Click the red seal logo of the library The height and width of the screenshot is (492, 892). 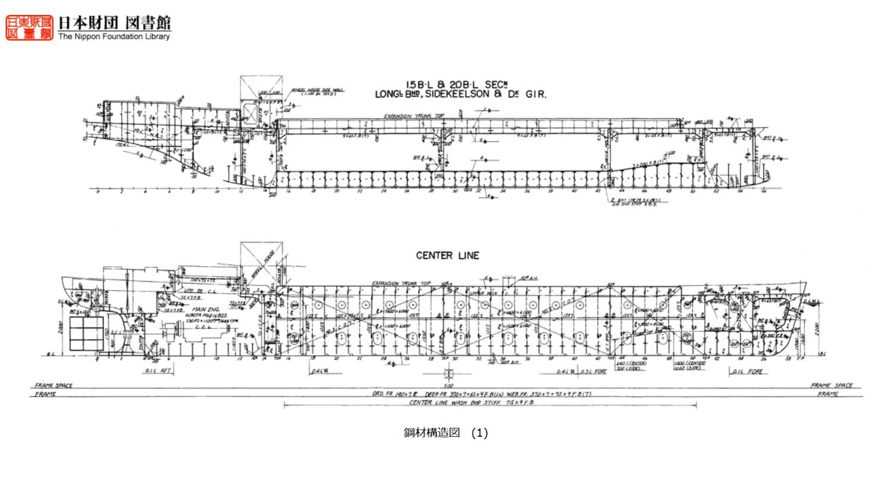coord(29,27)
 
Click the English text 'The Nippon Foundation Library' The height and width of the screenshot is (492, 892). coord(114,36)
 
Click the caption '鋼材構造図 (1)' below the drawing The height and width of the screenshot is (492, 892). coord(445,433)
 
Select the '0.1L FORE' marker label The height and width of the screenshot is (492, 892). coord(747,372)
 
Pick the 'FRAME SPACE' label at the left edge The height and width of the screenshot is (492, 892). coord(54,386)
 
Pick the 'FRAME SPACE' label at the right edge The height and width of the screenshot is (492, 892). coord(831,386)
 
